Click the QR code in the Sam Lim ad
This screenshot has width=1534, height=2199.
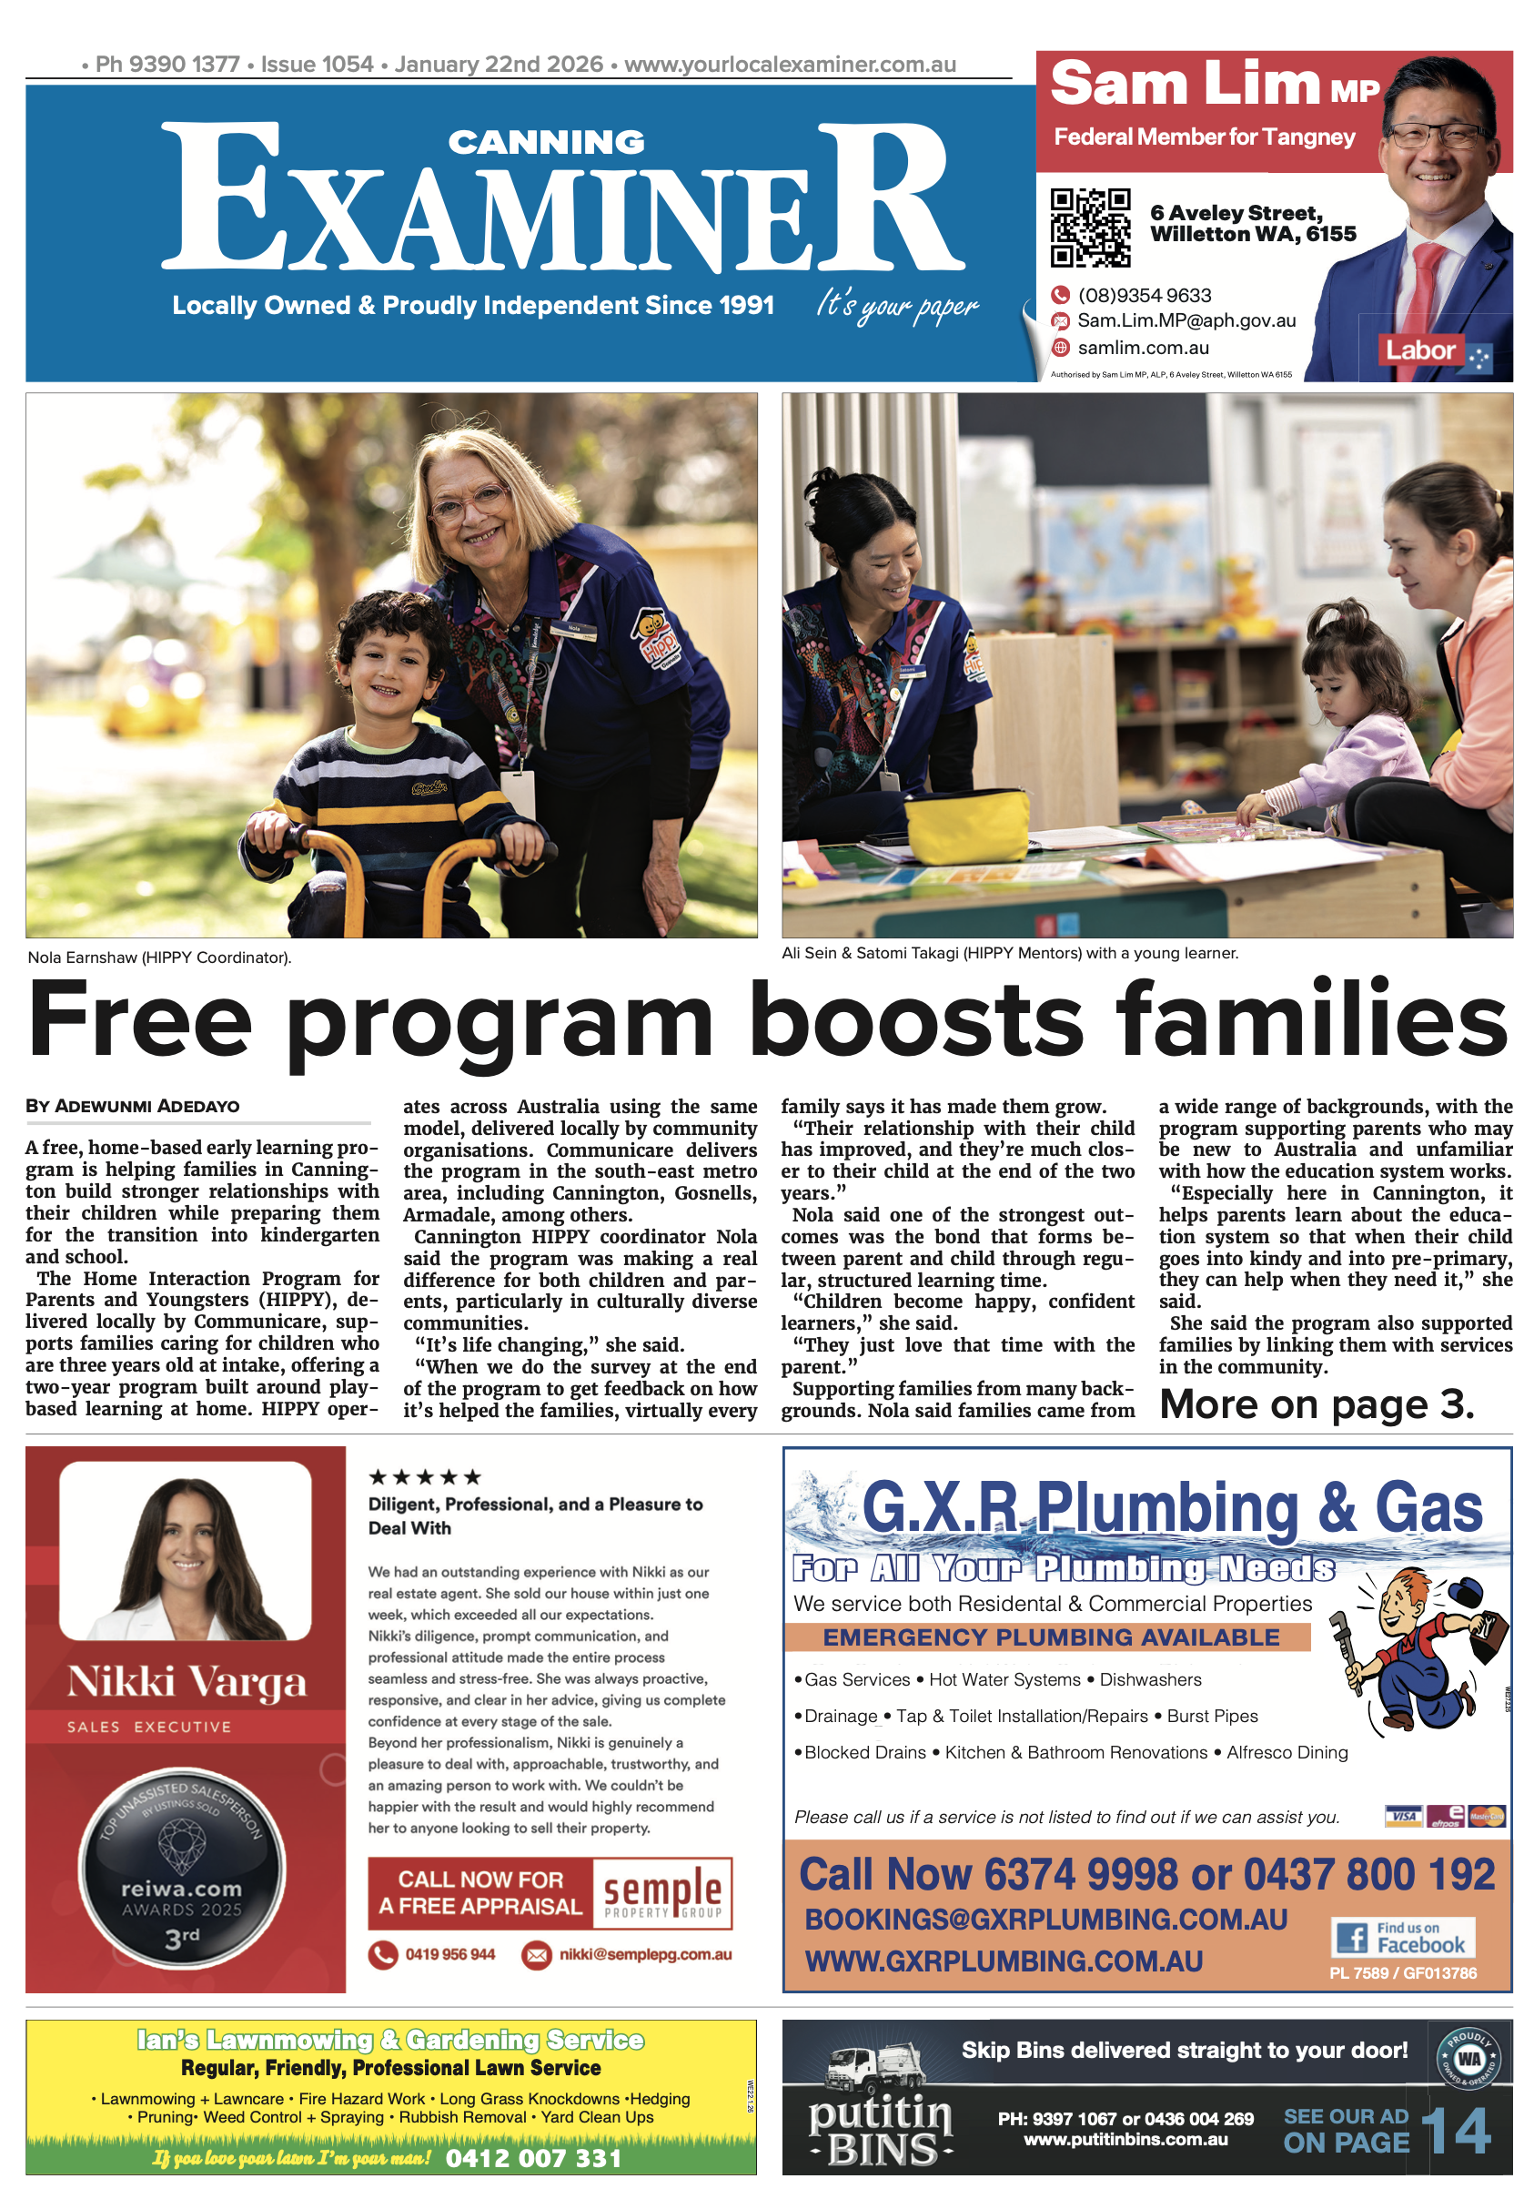tap(1090, 227)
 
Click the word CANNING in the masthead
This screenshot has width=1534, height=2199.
tap(547, 143)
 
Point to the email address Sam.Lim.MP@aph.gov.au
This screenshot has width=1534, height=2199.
tap(1186, 321)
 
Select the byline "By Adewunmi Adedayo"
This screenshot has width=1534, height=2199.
tap(132, 1106)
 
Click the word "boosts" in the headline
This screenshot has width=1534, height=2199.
tap(914, 1020)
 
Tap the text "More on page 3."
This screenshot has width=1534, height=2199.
tap(1317, 1405)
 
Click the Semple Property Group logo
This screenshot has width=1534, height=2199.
tap(661, 1893)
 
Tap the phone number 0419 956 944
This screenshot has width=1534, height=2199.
tap(449, 1955)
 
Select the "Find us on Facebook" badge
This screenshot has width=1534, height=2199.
tap(1403, 1938)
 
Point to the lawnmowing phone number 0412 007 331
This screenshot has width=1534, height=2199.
tap(533, 2158)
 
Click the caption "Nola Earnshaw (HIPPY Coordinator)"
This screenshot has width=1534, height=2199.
tap(160, 958)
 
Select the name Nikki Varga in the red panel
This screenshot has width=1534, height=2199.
tap(187, 1683)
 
